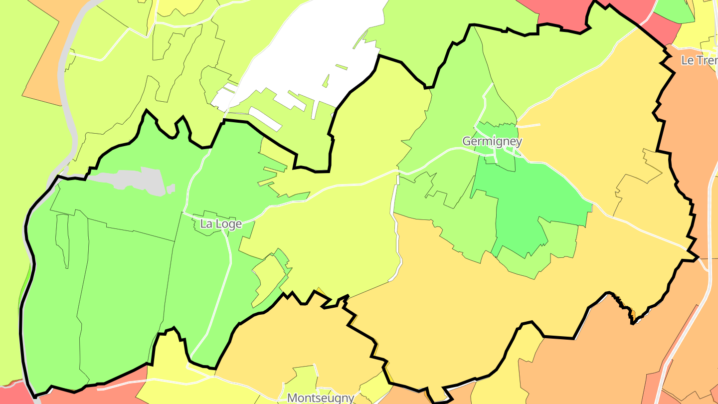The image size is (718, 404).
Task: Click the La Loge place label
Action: [221, 224]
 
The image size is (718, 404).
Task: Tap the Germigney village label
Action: [492, 141]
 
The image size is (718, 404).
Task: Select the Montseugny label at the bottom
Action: [321, 398]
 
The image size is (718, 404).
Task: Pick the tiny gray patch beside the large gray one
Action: [171, 189]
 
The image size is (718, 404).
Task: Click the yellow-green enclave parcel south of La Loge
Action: [269, 274]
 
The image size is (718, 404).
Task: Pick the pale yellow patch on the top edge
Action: [172, 7]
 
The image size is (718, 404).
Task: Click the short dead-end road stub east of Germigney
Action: [530, 125]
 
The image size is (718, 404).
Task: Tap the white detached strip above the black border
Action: [264, 119]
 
